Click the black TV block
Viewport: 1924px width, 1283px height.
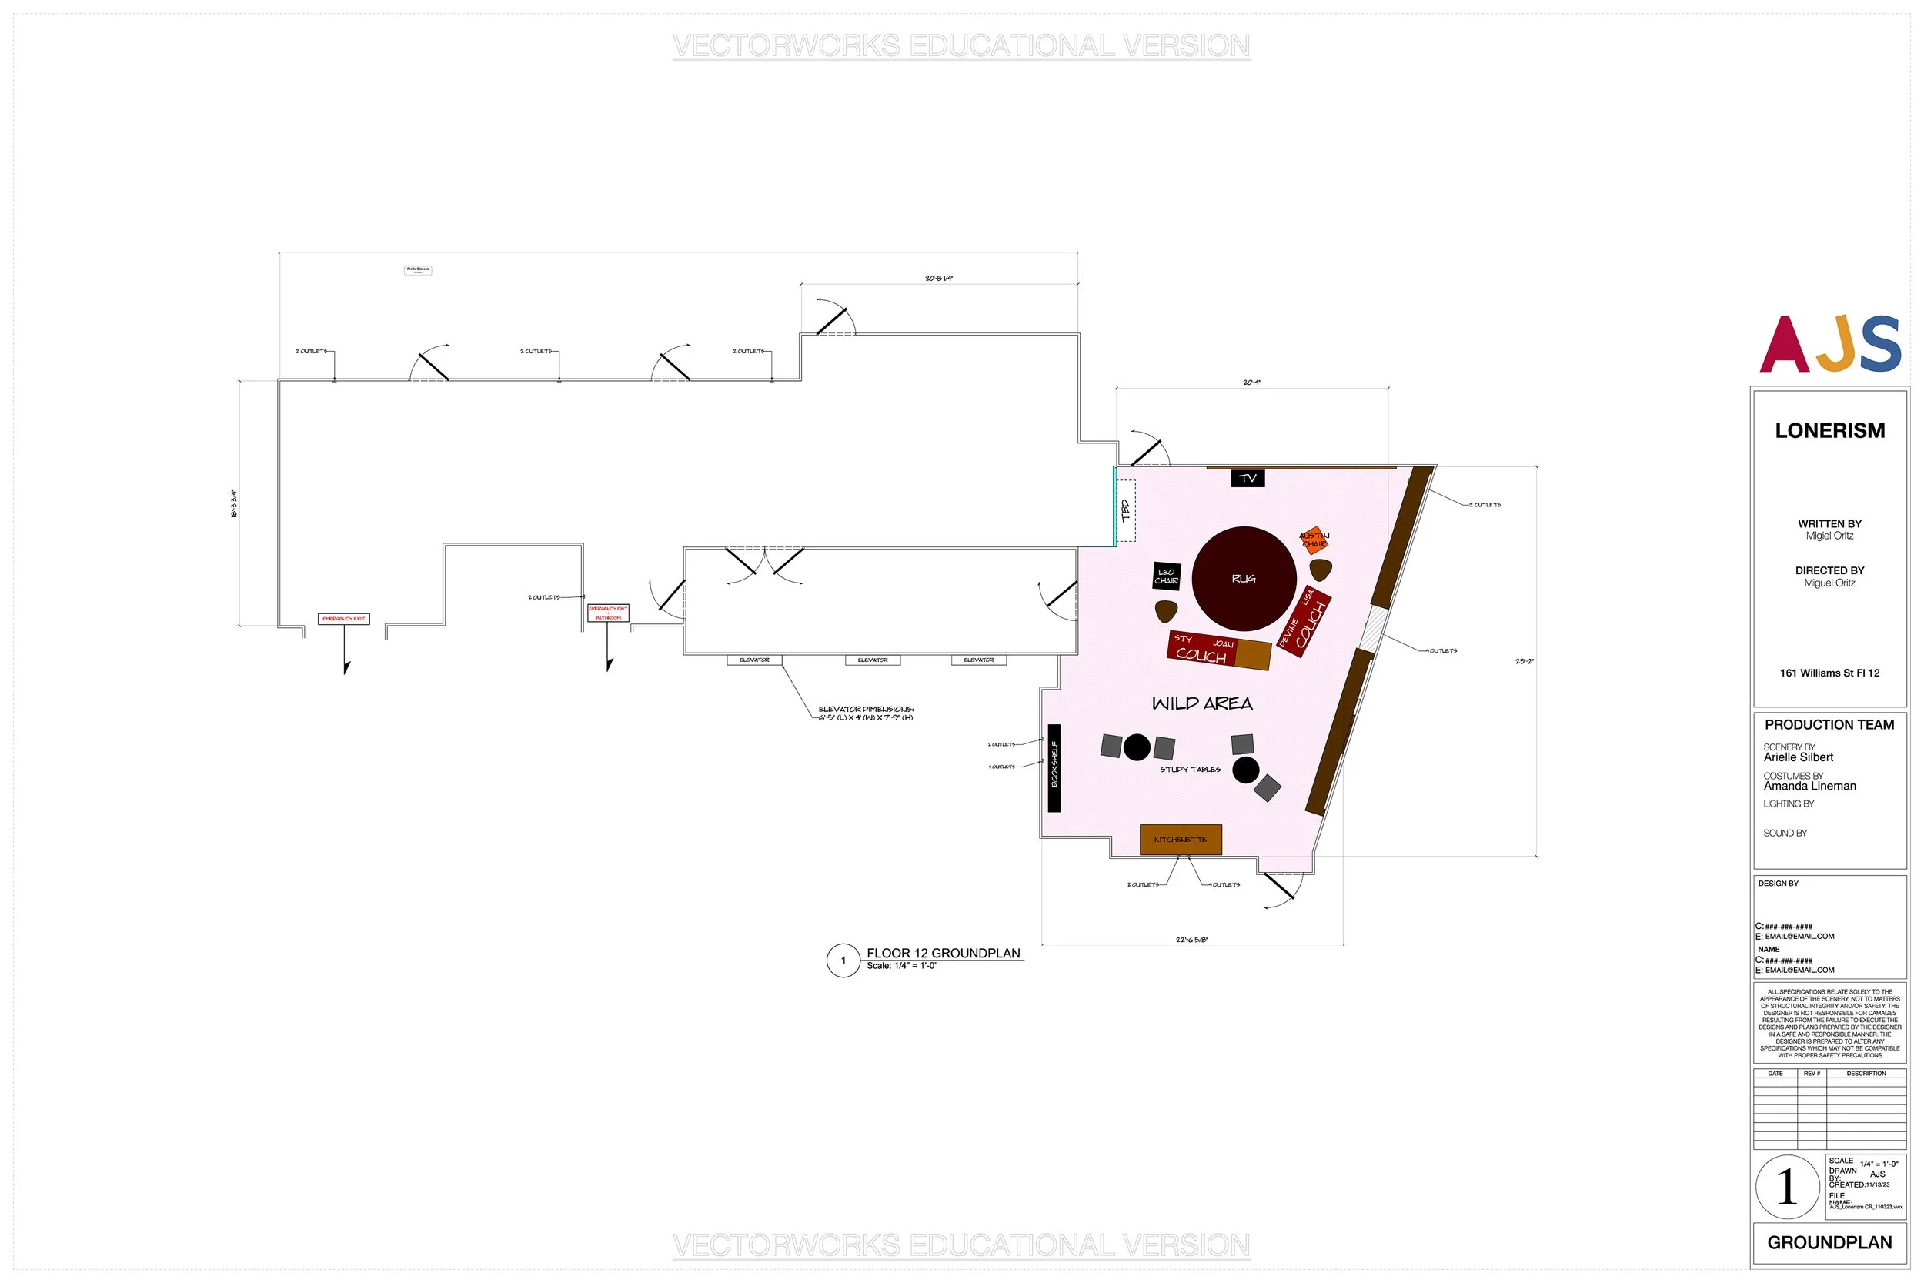coord(1248,478)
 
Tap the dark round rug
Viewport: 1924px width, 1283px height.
coord(1244,579)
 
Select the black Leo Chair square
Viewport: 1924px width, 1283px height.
coord(1167,576)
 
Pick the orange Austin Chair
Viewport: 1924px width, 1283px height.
coord(1314,540)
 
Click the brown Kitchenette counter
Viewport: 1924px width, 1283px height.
coord(1181,840)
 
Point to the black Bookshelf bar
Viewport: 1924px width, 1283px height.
coord(1054,767)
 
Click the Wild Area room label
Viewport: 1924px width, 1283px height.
coord(1201,703)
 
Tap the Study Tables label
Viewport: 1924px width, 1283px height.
coord(1191,769)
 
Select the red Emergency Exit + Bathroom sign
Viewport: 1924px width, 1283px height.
coord(608,613)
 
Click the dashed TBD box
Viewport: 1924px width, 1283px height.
coord(1126,510)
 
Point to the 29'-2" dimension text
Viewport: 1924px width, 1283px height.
coord(1524,661)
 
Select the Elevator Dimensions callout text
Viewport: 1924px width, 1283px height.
coord(866,713)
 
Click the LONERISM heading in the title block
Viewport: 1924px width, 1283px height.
coord(1829,430)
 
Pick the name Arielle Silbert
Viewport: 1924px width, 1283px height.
coord(1798,757)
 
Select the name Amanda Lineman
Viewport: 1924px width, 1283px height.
coord(1809,787)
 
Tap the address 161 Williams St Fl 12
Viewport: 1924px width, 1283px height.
coord(1829,673)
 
